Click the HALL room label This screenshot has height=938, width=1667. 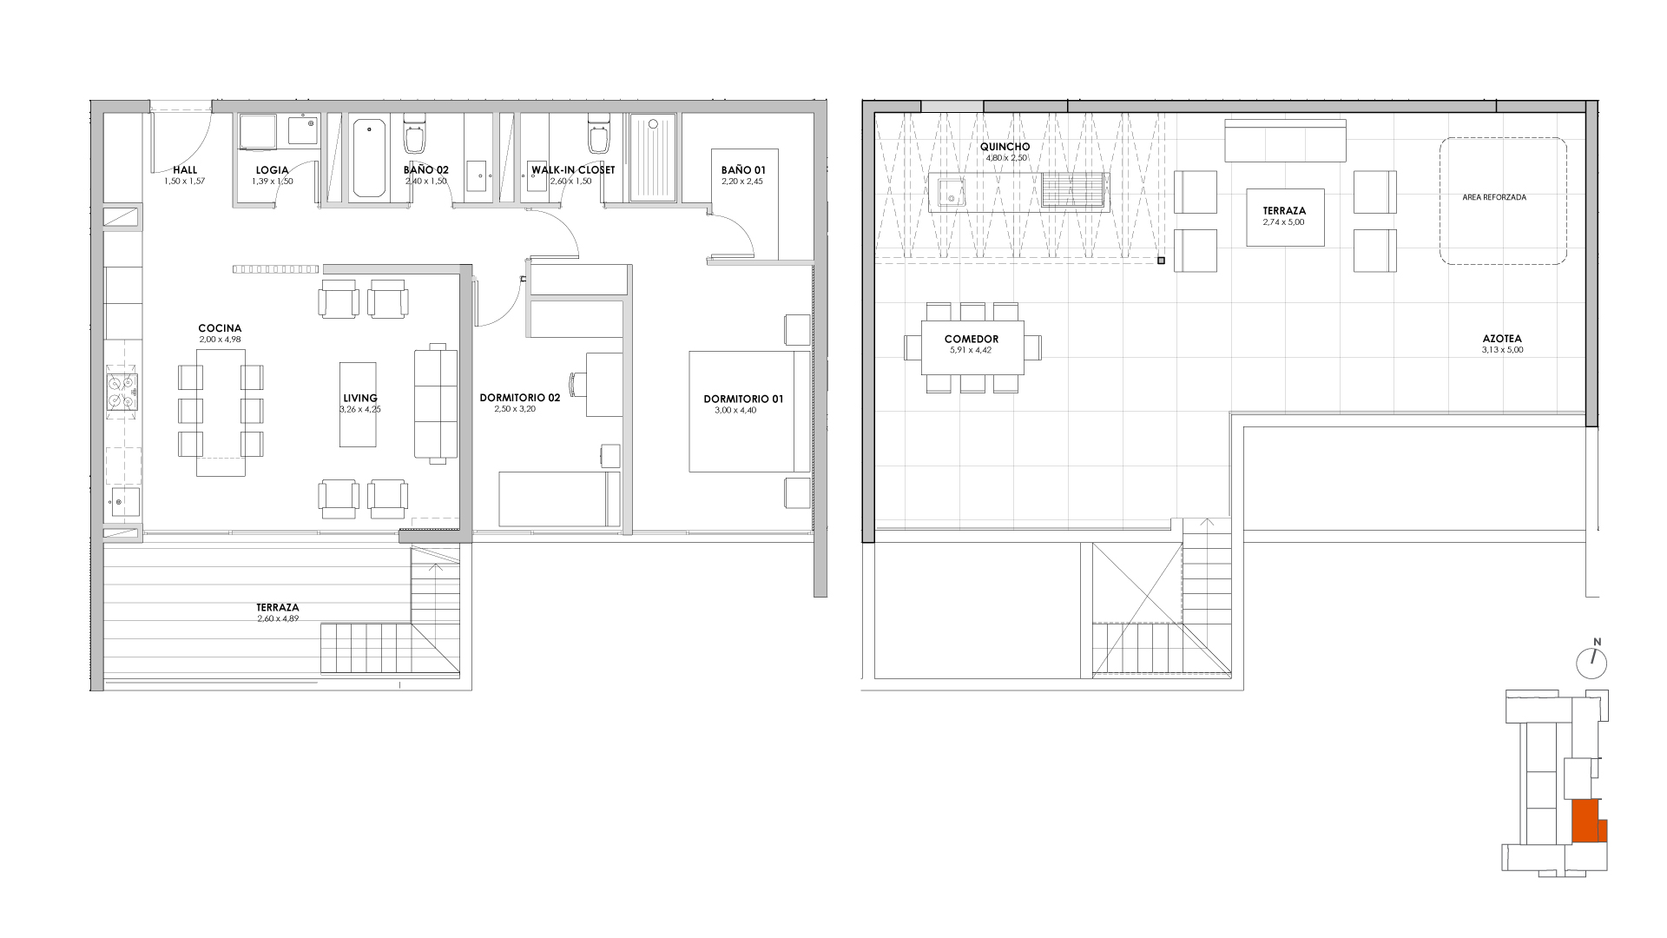185,170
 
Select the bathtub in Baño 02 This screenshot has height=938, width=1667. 369,159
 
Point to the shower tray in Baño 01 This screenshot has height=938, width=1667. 652,158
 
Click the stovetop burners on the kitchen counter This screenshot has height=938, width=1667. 122,391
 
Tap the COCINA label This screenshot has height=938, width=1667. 220,328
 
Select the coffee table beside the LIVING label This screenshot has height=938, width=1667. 358,405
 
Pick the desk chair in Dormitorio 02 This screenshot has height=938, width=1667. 577,383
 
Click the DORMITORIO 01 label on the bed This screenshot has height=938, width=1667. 743,400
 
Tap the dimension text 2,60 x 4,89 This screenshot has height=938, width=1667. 278,618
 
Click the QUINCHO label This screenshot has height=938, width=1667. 1006,147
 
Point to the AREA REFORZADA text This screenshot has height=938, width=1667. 1494,197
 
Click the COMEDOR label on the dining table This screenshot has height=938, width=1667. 972,340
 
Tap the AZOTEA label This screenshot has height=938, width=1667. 1502,340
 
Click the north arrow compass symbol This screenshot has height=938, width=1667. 1591,663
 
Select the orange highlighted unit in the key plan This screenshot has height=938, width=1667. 1588,822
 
